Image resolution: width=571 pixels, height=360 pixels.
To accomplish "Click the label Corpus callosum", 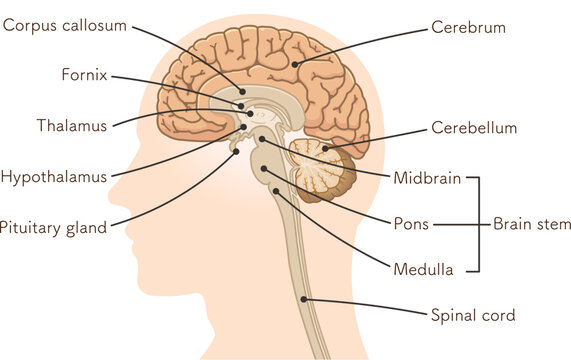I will click(65, 25).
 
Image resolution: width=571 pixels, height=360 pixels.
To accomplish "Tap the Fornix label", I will click(83, 75).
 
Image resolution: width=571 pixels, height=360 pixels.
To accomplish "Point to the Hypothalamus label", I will click(53, 177).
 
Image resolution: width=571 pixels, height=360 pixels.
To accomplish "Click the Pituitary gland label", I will click(53, 227).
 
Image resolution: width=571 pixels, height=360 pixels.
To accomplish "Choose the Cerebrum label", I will click(468, 27).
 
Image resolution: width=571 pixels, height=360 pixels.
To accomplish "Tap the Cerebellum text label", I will click(474, 128).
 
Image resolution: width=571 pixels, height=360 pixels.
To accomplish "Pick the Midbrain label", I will click(427, 179).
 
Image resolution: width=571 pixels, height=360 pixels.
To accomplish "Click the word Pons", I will click(411, 224).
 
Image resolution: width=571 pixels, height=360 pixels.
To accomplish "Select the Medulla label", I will click(424, 269).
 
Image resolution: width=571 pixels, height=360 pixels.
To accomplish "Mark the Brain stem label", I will click(532, 224).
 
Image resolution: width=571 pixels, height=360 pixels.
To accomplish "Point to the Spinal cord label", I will click(472, 316).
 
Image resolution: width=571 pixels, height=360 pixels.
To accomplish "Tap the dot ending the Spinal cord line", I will click(304, 299).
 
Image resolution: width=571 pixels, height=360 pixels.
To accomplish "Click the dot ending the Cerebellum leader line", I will click(324, 149).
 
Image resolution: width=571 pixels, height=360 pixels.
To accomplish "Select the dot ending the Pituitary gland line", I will click(237, 152).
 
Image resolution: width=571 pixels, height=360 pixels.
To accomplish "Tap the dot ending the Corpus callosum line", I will click(243, 91).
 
